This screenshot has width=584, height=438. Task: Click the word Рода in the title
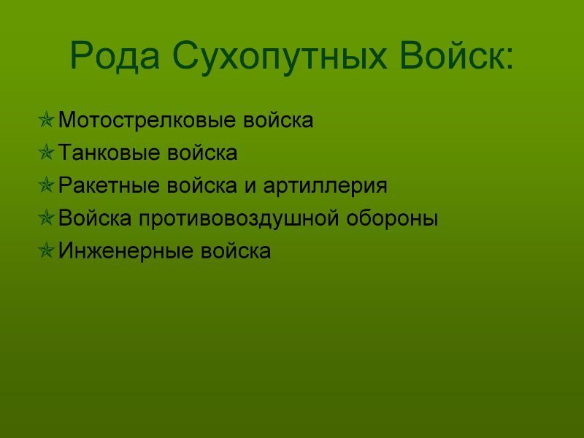click(115, 56)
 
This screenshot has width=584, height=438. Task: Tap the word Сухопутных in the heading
click(280, 56)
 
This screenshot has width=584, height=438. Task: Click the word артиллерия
click(325, 186)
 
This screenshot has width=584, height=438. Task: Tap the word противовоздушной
click(239, 218)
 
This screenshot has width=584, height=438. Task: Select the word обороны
click(392, 218)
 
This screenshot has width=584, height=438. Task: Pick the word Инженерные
click(126, 251)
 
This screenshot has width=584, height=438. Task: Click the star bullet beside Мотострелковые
click(46, 120)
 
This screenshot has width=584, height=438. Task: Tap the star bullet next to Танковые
click(46, 153)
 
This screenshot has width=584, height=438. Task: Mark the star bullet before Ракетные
click(46, 185)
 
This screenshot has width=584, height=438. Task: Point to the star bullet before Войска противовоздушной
click(46, 218)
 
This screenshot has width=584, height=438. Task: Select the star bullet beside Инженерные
click(46, 250)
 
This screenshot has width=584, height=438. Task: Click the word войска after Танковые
click(202, 153)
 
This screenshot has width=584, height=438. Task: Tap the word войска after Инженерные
click(236, 250)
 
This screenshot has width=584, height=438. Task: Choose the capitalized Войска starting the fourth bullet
click(95, 218)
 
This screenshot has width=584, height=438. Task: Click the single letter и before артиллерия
click(250, 186)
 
